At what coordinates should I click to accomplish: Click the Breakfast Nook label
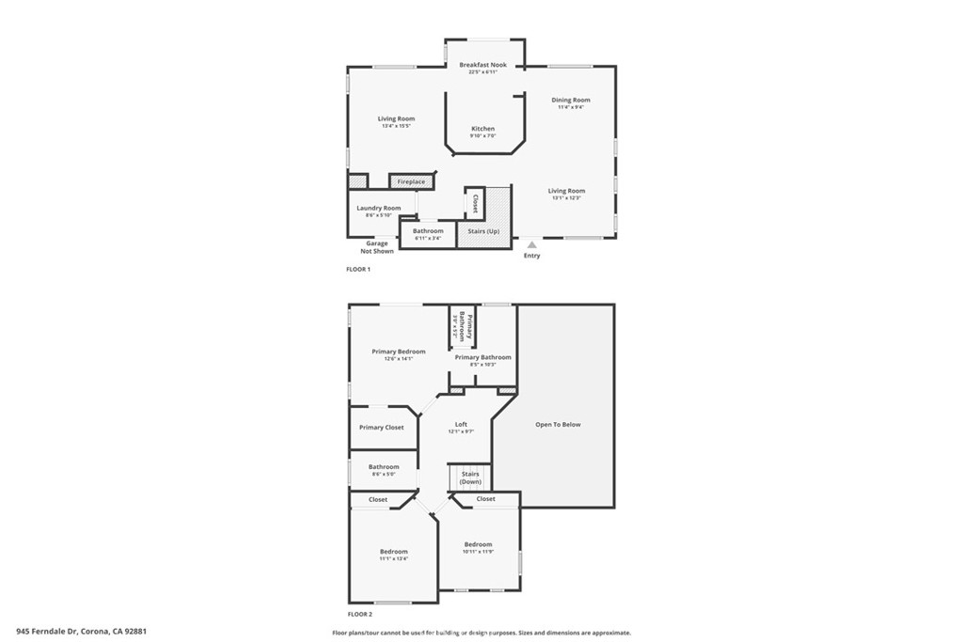coord(482,65)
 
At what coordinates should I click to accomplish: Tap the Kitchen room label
coord(482,129)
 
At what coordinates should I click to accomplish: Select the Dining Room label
coord(571,100)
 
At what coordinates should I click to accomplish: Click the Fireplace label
coord(411,181)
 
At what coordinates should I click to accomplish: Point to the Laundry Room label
coord(378,208)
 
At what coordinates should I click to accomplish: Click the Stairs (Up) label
coord(483,230)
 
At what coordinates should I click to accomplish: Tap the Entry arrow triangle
coord(531,244)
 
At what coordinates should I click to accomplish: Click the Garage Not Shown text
coord(377,247)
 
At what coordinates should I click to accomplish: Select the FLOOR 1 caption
coord(358,270)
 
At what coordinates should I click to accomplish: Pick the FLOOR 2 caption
coord(358,613)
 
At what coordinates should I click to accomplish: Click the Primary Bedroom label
coord(398,352)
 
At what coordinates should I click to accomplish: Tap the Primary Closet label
coord(381,428)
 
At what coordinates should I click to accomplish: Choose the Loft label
coord(461,424)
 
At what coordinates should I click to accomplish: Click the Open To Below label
coord(558,425)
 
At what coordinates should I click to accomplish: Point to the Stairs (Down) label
coord(470,478)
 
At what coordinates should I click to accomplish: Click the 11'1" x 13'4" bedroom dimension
coord(394,558)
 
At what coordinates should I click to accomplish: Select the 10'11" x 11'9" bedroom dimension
coord(478,552)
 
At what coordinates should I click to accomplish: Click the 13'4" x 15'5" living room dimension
coord(396,127)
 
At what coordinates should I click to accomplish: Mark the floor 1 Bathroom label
coord(428,230)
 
